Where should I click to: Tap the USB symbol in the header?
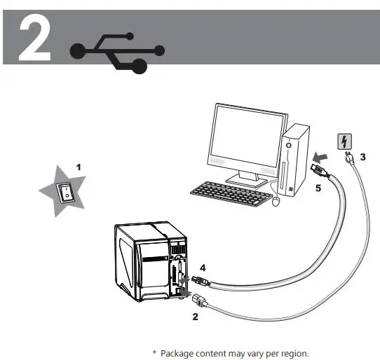[118, 51]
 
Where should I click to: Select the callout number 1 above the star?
[79, 167]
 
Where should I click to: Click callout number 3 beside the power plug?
[362, 157]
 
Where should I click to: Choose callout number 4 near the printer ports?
[202, 266]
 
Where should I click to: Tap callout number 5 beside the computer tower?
[318, 188]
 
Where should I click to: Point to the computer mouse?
[277, 202]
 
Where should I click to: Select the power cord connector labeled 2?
[198, 301]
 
